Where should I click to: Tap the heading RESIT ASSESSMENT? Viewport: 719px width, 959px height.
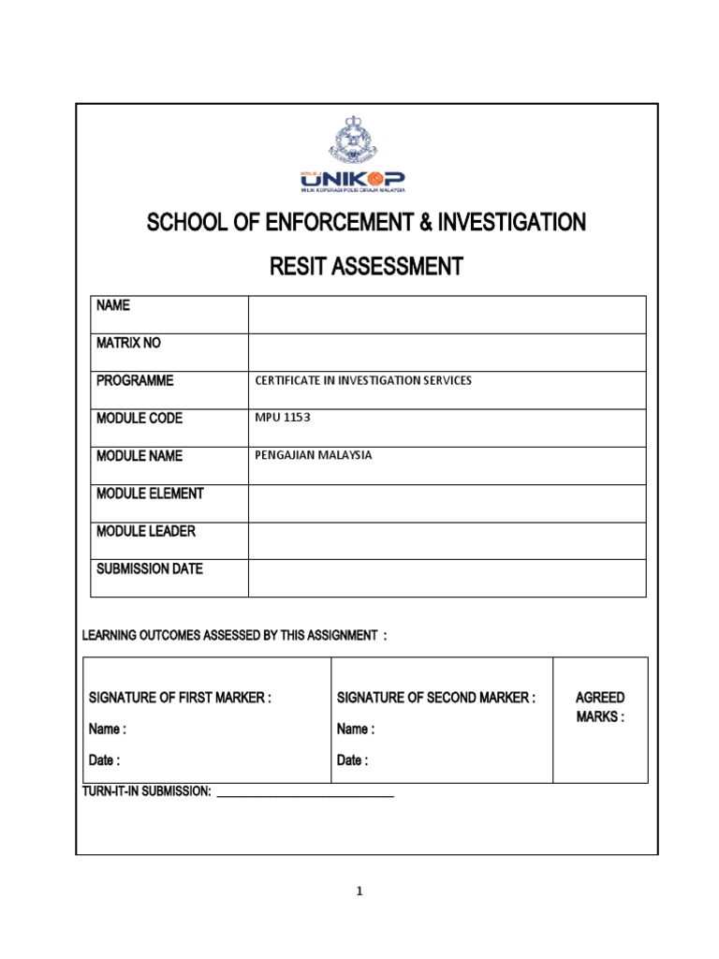(366, 268)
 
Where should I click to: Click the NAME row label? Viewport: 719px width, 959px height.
(112, 306)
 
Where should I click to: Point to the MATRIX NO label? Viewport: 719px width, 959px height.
(128, 344)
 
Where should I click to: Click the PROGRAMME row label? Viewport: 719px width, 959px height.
(135, 381)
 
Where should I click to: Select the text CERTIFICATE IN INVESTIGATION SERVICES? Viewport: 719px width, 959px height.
(363, 381)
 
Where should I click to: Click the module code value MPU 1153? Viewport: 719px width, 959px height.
(283, 418)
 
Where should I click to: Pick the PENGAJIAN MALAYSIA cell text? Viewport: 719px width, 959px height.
(314, 455)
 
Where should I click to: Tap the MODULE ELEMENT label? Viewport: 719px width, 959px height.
(150, 494)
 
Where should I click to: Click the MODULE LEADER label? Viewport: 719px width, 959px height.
(146, 531)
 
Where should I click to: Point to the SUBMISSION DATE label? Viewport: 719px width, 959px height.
(150, 568)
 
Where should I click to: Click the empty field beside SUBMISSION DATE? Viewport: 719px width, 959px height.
(447, 578)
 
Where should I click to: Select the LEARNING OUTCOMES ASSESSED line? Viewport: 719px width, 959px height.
(235, 636)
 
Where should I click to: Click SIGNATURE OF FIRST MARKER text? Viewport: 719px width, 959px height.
(180, 698)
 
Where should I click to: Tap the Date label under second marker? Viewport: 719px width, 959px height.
(352, 760)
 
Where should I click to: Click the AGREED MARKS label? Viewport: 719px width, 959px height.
(600, 707)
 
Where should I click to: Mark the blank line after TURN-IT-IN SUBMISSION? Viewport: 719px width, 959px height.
(305, 794)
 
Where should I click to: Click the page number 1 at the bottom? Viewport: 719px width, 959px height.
(359, 892)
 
